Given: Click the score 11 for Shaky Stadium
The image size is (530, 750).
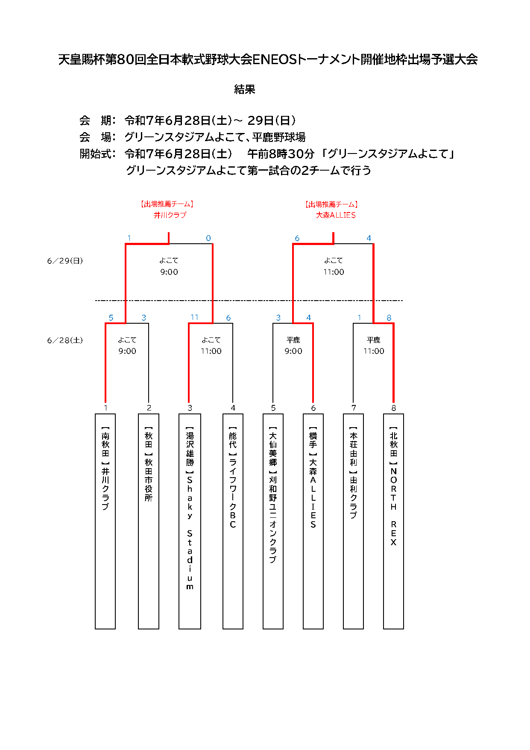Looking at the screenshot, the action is pos(194,317).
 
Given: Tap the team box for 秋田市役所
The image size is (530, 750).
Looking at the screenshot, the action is pos(149,521).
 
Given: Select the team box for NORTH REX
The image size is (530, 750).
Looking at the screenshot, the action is pos(393,521).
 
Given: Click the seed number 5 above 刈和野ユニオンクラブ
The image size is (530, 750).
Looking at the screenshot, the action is pos(273,408).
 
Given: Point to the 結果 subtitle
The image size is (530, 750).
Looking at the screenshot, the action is pos(245,89).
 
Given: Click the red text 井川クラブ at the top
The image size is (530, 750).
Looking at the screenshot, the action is pos(170,215).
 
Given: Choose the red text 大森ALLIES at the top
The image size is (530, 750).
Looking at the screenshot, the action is pos(336,215).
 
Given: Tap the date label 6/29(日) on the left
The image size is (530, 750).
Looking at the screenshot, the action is pos(65,261).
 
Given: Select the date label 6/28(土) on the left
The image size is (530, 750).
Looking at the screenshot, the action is pos(65,340).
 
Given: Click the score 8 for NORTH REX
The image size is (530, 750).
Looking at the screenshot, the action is pos(389,318).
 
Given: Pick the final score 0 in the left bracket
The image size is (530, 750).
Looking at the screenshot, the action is pos(208,238).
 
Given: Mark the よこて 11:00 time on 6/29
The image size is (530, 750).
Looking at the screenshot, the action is pos(334,266).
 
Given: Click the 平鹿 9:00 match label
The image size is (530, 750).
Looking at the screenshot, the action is pos(293,345).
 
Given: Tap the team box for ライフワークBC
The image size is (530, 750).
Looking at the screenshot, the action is pos(233,521).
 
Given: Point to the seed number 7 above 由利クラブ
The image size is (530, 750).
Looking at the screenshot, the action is pos(354,408).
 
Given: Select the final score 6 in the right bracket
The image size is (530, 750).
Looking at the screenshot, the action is pos(297,238).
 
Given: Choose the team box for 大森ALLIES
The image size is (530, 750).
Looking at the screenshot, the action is pos(313,521).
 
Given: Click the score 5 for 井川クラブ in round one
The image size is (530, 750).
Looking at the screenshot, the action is pos(111,318).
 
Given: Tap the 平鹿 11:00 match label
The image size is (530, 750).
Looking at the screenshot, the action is pos(374,345).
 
